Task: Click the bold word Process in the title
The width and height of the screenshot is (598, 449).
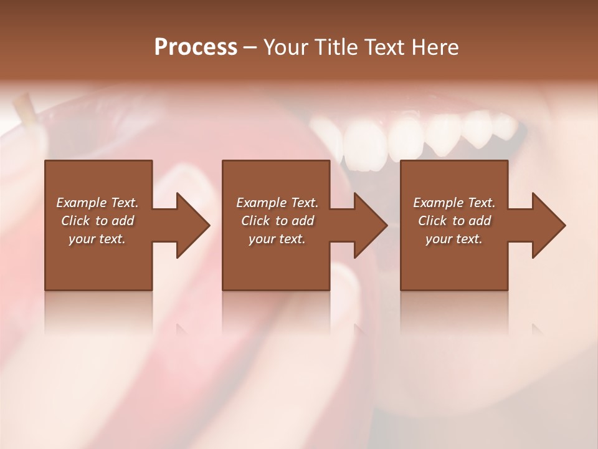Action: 196,47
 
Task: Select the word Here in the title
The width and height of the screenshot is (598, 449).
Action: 435,47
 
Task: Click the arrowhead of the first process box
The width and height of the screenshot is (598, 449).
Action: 193,225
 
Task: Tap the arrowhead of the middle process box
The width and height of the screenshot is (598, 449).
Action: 371,225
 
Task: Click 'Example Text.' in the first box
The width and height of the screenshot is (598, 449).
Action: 97,203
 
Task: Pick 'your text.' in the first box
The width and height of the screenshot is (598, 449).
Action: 97,239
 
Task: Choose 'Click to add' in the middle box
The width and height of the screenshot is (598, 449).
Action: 277,221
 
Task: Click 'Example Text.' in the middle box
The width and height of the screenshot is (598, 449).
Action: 277,203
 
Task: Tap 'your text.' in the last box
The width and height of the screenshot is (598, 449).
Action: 454,239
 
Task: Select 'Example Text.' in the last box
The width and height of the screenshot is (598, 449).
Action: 454,203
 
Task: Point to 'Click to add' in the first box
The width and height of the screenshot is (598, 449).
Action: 97,221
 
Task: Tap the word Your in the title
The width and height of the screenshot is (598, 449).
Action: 286,47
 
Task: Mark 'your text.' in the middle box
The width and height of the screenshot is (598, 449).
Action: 277,239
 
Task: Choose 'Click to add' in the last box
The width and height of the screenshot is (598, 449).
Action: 454,221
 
